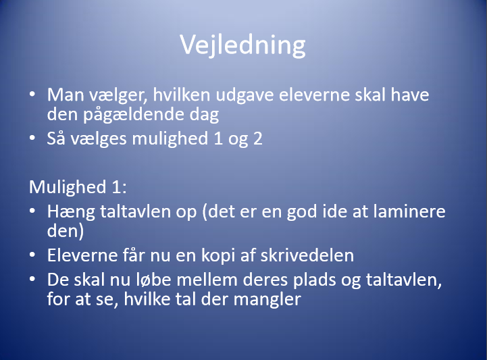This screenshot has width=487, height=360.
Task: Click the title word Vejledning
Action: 243,45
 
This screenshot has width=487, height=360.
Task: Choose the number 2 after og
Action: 258,138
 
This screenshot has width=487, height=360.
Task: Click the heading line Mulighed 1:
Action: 78,187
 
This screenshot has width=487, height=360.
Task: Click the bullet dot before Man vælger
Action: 32,94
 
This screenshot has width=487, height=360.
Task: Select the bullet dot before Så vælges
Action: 32,138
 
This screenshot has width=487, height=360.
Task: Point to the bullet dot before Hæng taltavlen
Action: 32,211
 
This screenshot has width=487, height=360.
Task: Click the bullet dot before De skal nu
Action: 32,279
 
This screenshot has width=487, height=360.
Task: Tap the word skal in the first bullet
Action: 370,95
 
